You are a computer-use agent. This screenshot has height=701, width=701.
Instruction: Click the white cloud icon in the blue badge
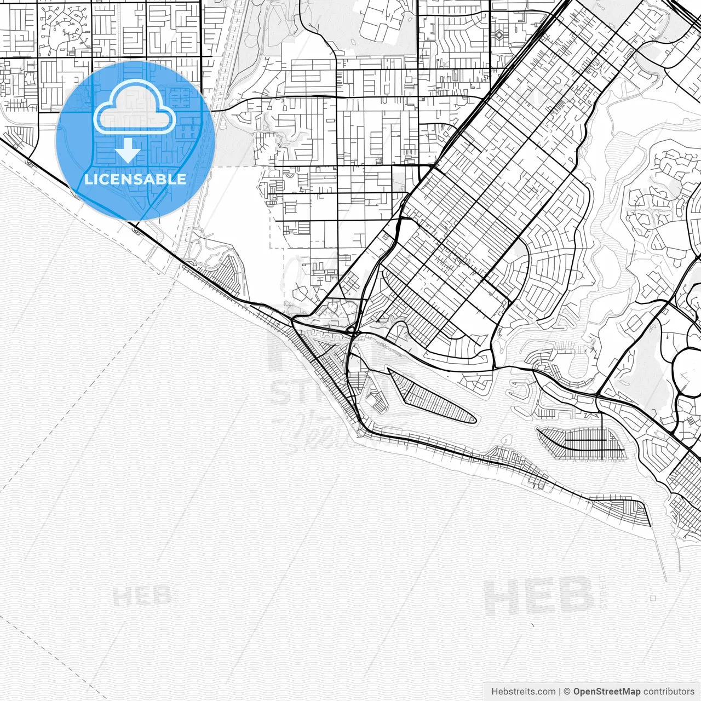pyautogui.click(x=134, y=108)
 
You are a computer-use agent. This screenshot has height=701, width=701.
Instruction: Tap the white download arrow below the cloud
pyautogui.click(x=128, y=151)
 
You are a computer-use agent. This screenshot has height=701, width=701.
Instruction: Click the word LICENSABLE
pyautogui.click(x=135, y=179)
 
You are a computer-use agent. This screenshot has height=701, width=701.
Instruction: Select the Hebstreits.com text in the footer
pyautogui.click(x=523, y=691)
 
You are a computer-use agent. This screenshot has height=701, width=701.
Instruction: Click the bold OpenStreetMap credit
pyautogui.click(x=607, y=691)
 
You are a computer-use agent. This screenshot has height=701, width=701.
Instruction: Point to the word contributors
pyautogui.click(x=669, y=691)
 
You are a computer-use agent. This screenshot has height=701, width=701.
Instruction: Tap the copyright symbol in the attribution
pyautogui.click(x=567, y=691)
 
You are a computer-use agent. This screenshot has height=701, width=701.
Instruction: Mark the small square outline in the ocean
pyautogui.click(x=653, y=599)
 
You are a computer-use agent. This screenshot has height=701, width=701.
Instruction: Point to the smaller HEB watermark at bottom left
pyautogui.click(x=140, y=596)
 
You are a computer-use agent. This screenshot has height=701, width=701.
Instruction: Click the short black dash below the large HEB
pyautogui.click(x=532, y=625)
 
